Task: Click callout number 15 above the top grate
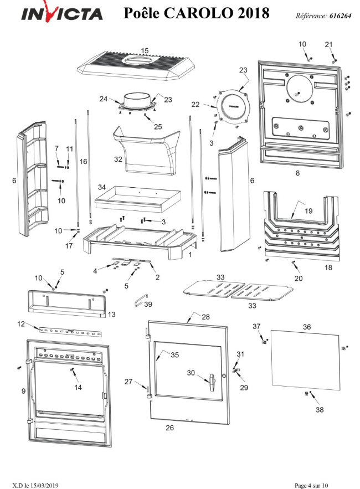pos(145,51)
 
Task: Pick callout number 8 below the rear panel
pos(297,173)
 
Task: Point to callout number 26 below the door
pos(170,428)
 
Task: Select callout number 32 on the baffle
pos(118,159)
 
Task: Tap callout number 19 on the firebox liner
pos(308,211)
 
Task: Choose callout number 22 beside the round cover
pos(210,104)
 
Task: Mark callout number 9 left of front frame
pos(23,391)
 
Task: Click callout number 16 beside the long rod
pos(83,161)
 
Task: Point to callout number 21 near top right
pos(328,44)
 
